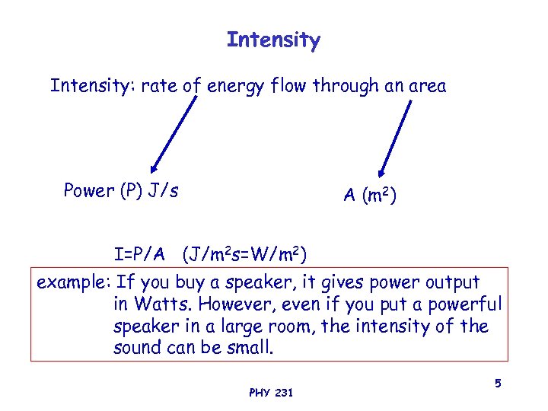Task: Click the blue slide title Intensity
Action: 273,40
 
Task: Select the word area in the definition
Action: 425,87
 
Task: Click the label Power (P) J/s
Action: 121,190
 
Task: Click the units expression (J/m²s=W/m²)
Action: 244,253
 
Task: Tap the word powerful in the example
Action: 466,304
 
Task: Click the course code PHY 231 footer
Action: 271,393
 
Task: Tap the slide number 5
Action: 497,384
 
